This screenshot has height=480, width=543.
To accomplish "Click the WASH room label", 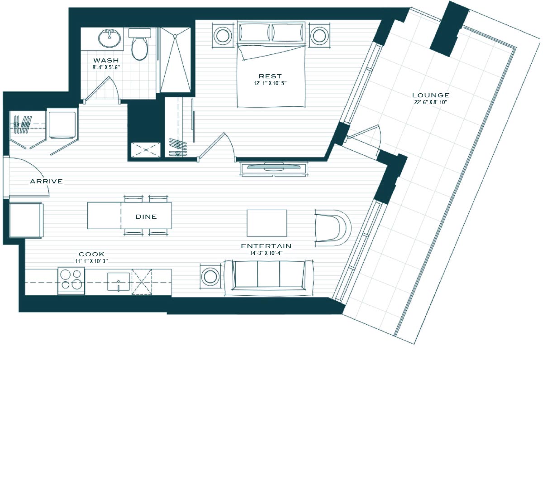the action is click(x=106, y=60).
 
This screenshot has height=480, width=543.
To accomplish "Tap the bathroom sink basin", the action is click(x=110, y=38).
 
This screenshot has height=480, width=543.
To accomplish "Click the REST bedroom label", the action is click(x=270, y=76).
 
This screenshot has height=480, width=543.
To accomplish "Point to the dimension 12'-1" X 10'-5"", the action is click(x=270, y=83).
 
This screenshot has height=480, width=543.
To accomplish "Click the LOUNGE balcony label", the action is click(x=431, y=95).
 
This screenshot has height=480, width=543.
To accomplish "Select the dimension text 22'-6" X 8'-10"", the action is click(x=431, y=102).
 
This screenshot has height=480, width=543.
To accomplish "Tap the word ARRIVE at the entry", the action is click(x=46, y=182).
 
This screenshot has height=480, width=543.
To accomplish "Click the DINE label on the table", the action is click(x=146, y=216).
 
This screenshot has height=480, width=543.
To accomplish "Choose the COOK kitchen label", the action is click(x=91, y=254).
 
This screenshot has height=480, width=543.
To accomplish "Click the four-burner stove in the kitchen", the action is click(x=71, y=282).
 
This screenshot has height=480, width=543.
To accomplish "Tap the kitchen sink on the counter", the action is click(x=119, y=282).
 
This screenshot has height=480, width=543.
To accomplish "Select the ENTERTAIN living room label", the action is click(x=266, y=246).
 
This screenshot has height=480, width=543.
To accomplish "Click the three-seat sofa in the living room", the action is click(x=268, y=278).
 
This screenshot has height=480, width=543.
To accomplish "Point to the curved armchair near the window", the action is click(x=333, y=228).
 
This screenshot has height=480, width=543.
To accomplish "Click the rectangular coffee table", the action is click(x=267, y=223).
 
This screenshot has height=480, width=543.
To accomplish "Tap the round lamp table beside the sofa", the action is click(x=210, y=277).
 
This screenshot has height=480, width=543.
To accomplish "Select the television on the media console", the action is click(x=274, y=167).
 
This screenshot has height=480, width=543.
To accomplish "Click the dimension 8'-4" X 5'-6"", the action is click(x=106, y=67).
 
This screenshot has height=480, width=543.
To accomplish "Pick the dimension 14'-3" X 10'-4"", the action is click(x=266, y=253).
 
